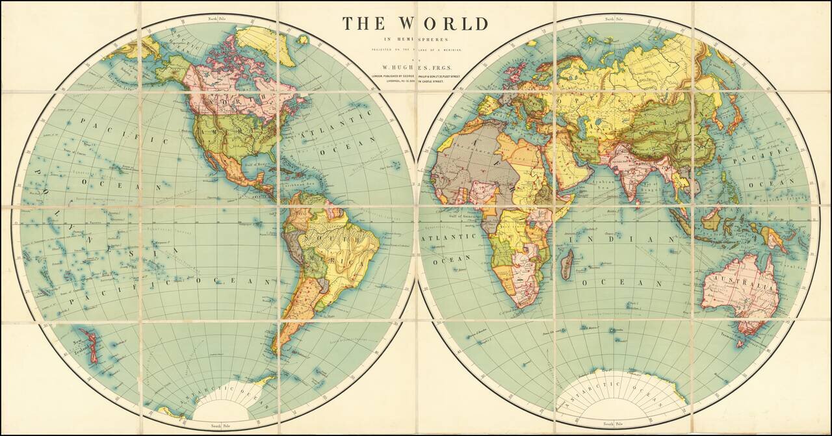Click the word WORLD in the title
[x=443, y=24]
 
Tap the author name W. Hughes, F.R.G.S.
[x=415, y=66]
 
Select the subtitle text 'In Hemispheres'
[x=415, y=40]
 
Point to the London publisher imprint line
[x=415, y=76]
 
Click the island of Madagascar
[x=567, y=265]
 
